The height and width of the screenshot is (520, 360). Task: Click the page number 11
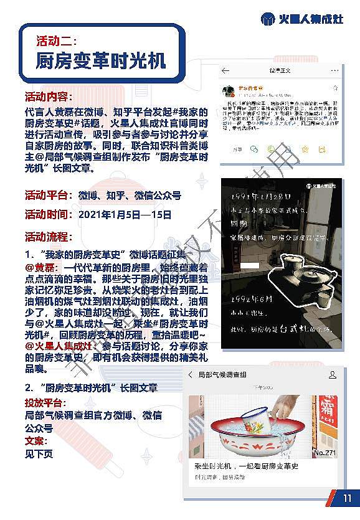click(x=347, y=498)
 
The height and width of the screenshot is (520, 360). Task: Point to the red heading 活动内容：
click(x=49, y=98)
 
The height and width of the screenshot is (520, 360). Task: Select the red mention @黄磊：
click(x=41, y=267)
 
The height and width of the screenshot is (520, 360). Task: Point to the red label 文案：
click(x=37, y=441)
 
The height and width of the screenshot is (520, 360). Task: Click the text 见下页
click(x=39, y=454)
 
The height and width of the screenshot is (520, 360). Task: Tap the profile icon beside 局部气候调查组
click(x=333, y=374)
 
